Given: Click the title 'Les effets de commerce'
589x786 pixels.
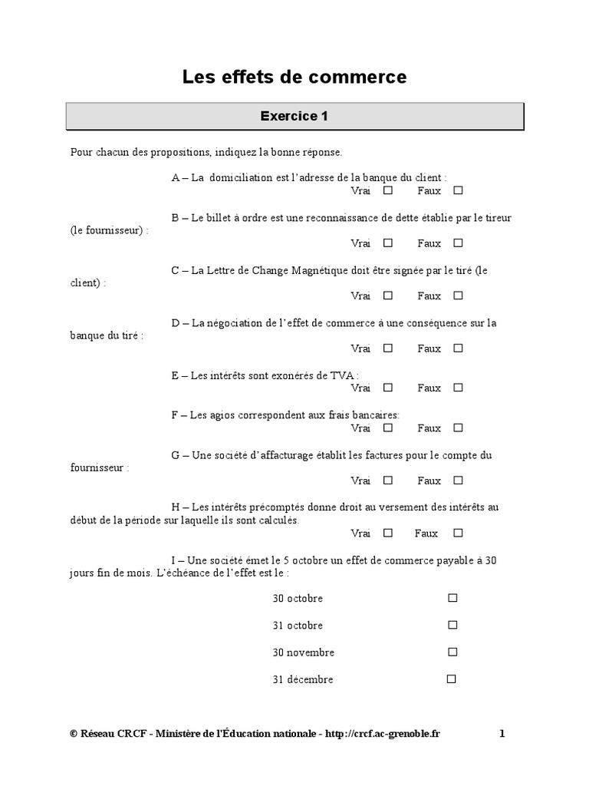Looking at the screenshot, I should [294, 77].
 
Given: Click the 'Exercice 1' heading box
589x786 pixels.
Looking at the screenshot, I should [294, 117].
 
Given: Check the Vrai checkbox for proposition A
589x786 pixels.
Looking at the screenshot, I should [388, 190].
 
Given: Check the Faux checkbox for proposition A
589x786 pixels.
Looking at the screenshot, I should [458, 190].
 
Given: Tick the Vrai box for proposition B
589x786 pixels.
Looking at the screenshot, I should [388, 243].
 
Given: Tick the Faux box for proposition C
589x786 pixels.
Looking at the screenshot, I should [458, 295].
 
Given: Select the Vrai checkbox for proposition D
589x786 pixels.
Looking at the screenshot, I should [388, 348].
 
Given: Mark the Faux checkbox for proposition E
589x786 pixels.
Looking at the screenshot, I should [458, 388].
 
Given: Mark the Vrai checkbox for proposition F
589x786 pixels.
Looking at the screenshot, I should [388, 428].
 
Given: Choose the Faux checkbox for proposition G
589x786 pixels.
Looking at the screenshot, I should [458, 481].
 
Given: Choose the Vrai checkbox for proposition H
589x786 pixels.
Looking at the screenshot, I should [388, 533].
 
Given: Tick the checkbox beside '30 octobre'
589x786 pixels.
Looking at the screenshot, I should [452, 597].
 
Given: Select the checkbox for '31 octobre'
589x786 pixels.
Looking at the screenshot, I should [452, 625].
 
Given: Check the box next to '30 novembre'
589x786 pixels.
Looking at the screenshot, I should [452, 652].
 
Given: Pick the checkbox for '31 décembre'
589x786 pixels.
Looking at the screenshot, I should [452, 679].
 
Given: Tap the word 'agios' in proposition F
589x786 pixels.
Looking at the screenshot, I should [221, 415].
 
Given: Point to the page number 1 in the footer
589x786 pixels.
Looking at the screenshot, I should [502, 734].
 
